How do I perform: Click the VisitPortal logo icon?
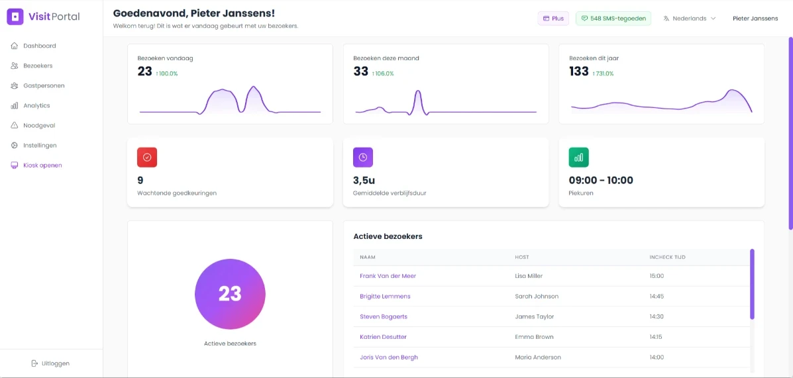click(x=15, y=17)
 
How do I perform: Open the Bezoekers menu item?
click(x=38, y=66)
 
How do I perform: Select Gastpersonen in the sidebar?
click(x=44, y=85)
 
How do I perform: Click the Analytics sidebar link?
click(x=36, y=105)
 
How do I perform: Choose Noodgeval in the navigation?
click(x=39, y=125)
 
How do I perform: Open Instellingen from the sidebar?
click(x=40, y=145)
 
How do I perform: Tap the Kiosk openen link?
click(x=42, y=165)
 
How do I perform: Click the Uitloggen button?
click(x=50, y=363)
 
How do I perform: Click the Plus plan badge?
click(x=553, y=19)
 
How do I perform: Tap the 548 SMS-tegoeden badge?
click(x=613, y=19)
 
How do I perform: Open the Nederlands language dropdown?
click(x=690, y=19)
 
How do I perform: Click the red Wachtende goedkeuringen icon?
click(x=147, y=158)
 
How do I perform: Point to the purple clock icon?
click(x=363, y=158)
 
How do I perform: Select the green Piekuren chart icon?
click(x=578, y=158)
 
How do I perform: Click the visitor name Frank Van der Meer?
click(x=388, y=276)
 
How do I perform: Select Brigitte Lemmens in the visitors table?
click(x=385, y=297)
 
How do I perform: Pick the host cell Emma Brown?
click(x=534, y=337)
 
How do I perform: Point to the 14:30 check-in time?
click(x=657, y=316)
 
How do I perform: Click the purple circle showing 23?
click(x=230, y=294)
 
